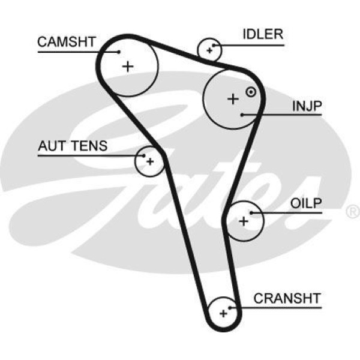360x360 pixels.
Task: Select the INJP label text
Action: (307, 106)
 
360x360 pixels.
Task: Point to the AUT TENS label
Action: (73, 145)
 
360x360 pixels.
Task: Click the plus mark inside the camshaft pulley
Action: (127, 66)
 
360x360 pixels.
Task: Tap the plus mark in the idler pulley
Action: (209, 50)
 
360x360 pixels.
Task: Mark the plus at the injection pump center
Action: (233, 99)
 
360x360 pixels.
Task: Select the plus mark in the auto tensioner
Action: (149, 161)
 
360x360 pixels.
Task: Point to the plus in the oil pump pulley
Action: (243, 221)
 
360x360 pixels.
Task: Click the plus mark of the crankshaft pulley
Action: (224, 313)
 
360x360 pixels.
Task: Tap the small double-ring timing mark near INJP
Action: (251, 92)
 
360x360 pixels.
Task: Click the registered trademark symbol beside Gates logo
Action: (353, 212)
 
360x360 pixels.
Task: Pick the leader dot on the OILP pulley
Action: (252, 212)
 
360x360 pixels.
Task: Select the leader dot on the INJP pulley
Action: (241, 115)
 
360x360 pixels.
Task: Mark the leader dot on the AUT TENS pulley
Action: (143, 155)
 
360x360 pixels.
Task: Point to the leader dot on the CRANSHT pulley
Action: (233, 307)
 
